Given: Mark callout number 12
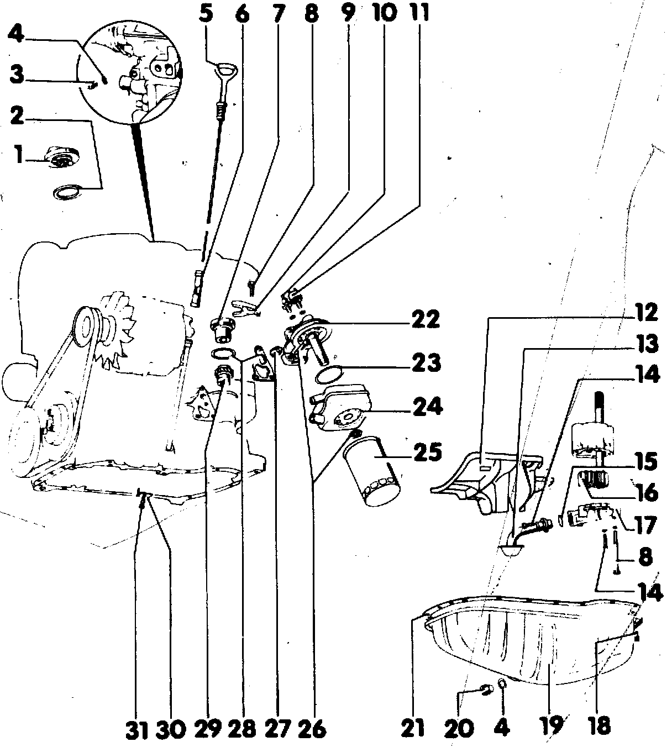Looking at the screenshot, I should click(x=647, y=313).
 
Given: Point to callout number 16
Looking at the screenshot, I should click(x=647, y=491).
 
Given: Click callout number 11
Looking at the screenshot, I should click(x=419, y=13).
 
